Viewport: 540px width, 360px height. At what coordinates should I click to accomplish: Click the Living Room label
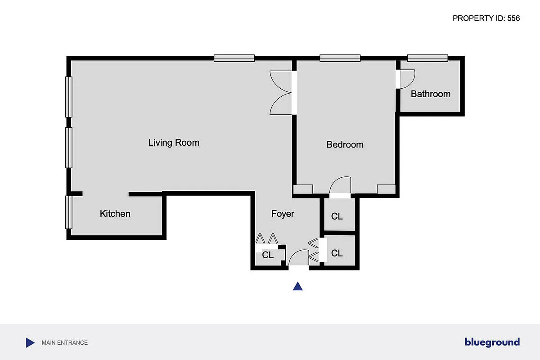point(174,143)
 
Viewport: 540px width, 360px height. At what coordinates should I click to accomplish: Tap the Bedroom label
point(345,144)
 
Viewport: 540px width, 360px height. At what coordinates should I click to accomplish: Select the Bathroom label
point(431,94)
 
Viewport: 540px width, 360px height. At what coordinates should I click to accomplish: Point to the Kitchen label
point(115,214)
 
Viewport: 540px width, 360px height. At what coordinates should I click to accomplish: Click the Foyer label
point(283,214)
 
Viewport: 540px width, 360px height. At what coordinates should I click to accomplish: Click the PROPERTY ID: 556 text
point(486,18)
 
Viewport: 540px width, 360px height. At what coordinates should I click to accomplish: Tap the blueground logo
point(492,342)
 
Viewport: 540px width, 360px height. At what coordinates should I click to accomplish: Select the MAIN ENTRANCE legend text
point(65,343)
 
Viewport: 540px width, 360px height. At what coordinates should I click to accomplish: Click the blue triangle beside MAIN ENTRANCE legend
point(30,343)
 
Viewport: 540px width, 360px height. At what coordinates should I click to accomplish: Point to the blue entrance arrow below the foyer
point(297,286)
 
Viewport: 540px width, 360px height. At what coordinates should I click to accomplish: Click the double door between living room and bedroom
point(281,92)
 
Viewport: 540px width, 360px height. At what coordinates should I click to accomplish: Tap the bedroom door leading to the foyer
point(340,186)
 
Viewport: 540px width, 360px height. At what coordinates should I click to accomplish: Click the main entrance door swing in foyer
point(298,259)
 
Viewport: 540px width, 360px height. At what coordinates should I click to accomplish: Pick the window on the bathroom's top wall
point(427,58)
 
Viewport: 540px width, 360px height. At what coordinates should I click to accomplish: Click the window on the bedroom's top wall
point(340,58)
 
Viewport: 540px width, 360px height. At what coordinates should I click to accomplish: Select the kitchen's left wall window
point(68,212)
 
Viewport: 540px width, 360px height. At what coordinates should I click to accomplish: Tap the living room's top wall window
point(234,58)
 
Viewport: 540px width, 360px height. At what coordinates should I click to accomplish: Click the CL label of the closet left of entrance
point(268,255)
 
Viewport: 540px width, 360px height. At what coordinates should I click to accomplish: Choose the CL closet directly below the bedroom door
point(337,216)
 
